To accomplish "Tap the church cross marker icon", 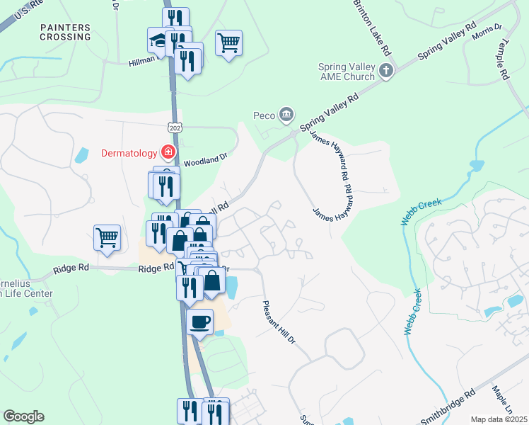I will tap(386, 71).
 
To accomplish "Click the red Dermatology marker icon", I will tap(168, 152).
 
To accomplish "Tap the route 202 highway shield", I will tap(174, 127).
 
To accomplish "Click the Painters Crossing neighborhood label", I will tap(66, 32).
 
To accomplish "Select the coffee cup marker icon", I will tap(199, 322).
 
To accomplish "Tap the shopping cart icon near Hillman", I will tap(229, 43).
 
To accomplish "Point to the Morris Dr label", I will tap(487, 31).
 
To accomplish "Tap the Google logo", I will tap(23, 416).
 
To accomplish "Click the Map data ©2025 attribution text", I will tap(499, 419).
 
